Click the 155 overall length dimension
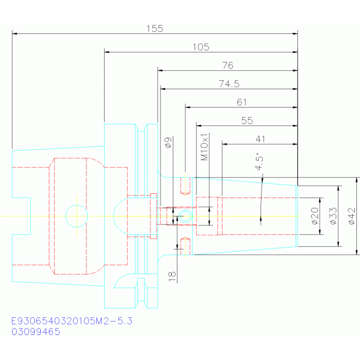pyautogui.click(x=155, y=29)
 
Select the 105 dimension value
pyautogui.click(x=201, y=47)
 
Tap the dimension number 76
pyautogui.click(x=228, y=65)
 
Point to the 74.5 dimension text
pyautogui.click(x=229, y=84)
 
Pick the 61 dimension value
pyautogui.click(x=242, y=102)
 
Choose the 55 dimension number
pyautogui.click(x=247, y=121)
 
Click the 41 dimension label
pyautogui.click(x=260, y=139)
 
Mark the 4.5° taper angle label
pyautogui.click(x=259, y=161)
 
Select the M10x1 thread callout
pyautogui.click(x=204, y=147)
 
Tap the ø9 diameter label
pyautogui.click(x=169, y=143)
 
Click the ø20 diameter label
pyautogui.click(x=315, y=216)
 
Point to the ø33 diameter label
pyautogui.click(x=333, y=216)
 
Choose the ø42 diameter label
pyautogui.click(x=352, y=216)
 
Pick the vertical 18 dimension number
pyautogui.click(x=172, y=276)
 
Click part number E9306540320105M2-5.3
pyautogui.click(x=72, y=321)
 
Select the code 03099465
pyautogui.click(x=36, y=332)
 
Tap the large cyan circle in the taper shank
pyautogui.click(x=77, y=205)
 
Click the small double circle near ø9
pyautogui.click(x=185, y=210)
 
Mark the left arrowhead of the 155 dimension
pyautogui.click(x=15, y=34)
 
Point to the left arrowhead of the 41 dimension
pyautogui.click(x=224, y=144)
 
